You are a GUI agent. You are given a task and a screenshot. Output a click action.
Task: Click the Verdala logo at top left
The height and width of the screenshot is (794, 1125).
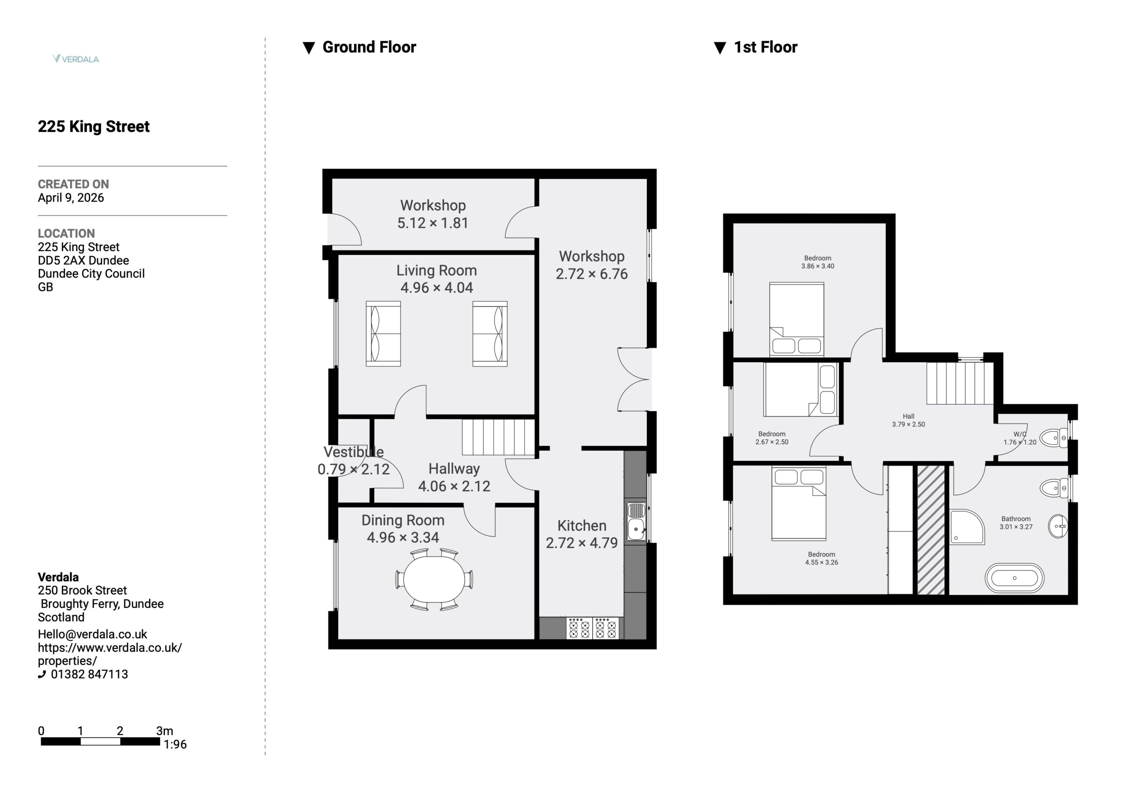click(76, 59)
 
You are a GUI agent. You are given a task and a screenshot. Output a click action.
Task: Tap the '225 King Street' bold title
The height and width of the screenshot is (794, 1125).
click(94, 126)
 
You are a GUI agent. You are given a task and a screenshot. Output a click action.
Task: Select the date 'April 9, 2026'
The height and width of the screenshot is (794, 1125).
click(71, 198)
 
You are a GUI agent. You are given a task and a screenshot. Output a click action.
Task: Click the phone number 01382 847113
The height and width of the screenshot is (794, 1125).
click(89, 674)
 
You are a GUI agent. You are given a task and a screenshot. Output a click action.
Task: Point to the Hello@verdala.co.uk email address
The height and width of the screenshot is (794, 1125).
click(93, 634)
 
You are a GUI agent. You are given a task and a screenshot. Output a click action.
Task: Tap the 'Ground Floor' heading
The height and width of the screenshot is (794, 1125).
click(369, 47)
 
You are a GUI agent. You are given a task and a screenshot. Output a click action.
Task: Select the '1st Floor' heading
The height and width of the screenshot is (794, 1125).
click(766, 47)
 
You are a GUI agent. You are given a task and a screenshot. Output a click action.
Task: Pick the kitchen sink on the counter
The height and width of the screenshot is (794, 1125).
click(636, 521)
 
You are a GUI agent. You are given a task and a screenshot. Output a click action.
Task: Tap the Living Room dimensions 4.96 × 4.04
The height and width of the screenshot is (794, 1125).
click(436, 287)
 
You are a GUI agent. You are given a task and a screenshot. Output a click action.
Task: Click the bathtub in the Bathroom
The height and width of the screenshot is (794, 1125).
click(1014, 578)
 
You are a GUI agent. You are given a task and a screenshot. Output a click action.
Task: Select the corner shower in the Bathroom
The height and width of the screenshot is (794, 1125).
click(967, 527)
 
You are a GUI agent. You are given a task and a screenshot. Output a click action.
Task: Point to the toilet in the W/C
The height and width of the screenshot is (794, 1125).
click(1054, 437)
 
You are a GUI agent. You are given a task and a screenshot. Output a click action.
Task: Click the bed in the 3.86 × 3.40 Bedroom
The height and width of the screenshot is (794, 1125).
click(796, 319)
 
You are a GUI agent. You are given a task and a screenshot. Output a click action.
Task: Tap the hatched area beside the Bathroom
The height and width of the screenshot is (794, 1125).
click(930, 530)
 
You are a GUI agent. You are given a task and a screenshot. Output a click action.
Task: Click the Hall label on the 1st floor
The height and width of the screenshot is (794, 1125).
click(908, 416)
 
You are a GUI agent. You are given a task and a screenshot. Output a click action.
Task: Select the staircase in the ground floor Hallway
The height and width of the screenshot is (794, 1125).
click(498, 437)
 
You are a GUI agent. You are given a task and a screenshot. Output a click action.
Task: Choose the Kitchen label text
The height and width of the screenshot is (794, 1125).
click(581, 525)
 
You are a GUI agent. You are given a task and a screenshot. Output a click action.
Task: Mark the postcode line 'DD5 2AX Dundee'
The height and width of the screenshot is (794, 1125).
click(83, 260)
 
